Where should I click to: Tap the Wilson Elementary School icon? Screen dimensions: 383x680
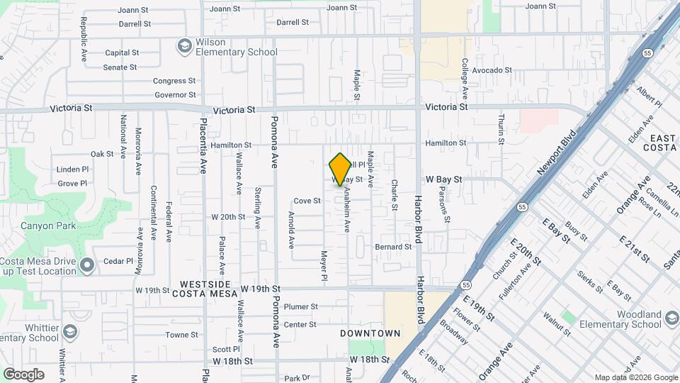tap(185, 45)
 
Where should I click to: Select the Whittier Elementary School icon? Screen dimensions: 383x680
tap(70, 331)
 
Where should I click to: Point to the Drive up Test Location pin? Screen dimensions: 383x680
tap(87, 266)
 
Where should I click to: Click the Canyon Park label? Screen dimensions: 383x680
tap(47, 226)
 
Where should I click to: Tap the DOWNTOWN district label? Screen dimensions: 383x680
tap(370, 333)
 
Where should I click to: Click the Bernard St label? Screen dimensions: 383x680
tap(393, 247)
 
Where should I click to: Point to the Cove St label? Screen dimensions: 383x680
tap(307, 201)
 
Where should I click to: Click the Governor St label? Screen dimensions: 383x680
tap(174, 95)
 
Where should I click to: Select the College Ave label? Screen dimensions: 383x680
tap(465, 79)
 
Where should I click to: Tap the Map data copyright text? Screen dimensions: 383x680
tap(635, 378)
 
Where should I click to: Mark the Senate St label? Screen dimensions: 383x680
tap(120, 67)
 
